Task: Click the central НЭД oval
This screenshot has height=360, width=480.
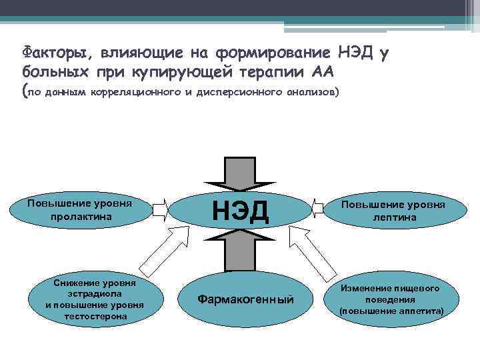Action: (240, 210)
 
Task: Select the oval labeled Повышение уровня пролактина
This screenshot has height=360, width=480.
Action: (80, 210)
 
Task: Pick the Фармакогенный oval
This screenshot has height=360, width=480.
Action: (245, 299)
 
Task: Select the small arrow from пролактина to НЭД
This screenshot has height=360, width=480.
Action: (161, 210)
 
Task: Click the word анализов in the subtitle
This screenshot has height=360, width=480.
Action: (311, 93)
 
